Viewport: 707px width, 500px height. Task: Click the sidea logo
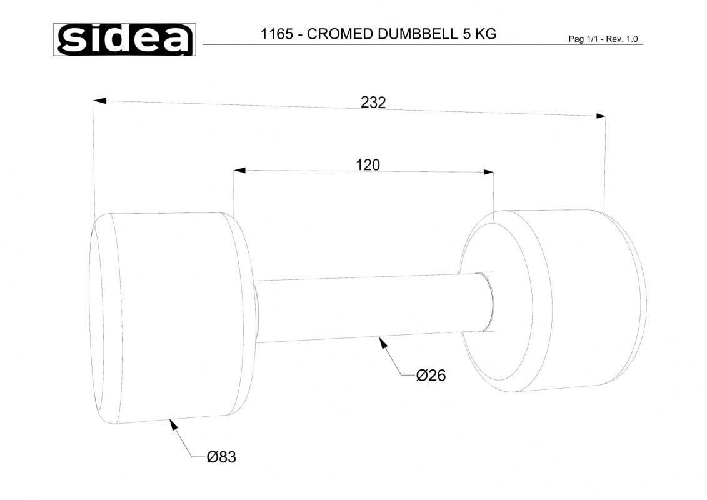[124, 39]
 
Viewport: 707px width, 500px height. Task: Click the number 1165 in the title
[277, 34]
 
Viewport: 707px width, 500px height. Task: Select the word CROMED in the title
[340, 34]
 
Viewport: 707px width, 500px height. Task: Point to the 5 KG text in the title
[479, 34]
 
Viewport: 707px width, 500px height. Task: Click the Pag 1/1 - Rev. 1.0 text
[603, 39]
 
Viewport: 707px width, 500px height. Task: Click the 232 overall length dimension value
[373, 102]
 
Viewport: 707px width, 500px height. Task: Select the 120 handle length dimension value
[368, 165]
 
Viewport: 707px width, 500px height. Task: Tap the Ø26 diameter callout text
[431, 375]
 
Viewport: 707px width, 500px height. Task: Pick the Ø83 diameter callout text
[221, 457]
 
